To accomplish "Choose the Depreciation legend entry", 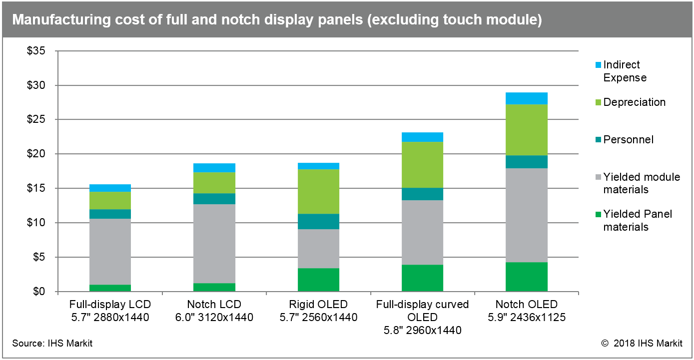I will (x=634, y=102).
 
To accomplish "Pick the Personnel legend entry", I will (x=628, y=140).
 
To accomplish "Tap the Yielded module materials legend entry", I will (x=641, y=183).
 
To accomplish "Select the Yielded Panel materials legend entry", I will (x=638, y=221).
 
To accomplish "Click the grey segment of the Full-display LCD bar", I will (x=110, y=251).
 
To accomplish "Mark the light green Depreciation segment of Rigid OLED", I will (x=318, y=191).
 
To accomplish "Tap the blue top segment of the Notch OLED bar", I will (x=526, y=98).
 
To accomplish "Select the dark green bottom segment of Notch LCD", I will (x=214, y=287).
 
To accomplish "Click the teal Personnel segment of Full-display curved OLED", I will (x=422, y=194).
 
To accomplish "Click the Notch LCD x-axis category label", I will (x=214, y=311).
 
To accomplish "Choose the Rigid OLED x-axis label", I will (x=318, y=311).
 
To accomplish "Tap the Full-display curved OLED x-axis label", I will (x=422, y=317).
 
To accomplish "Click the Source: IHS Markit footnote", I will (x=52, y=344).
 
